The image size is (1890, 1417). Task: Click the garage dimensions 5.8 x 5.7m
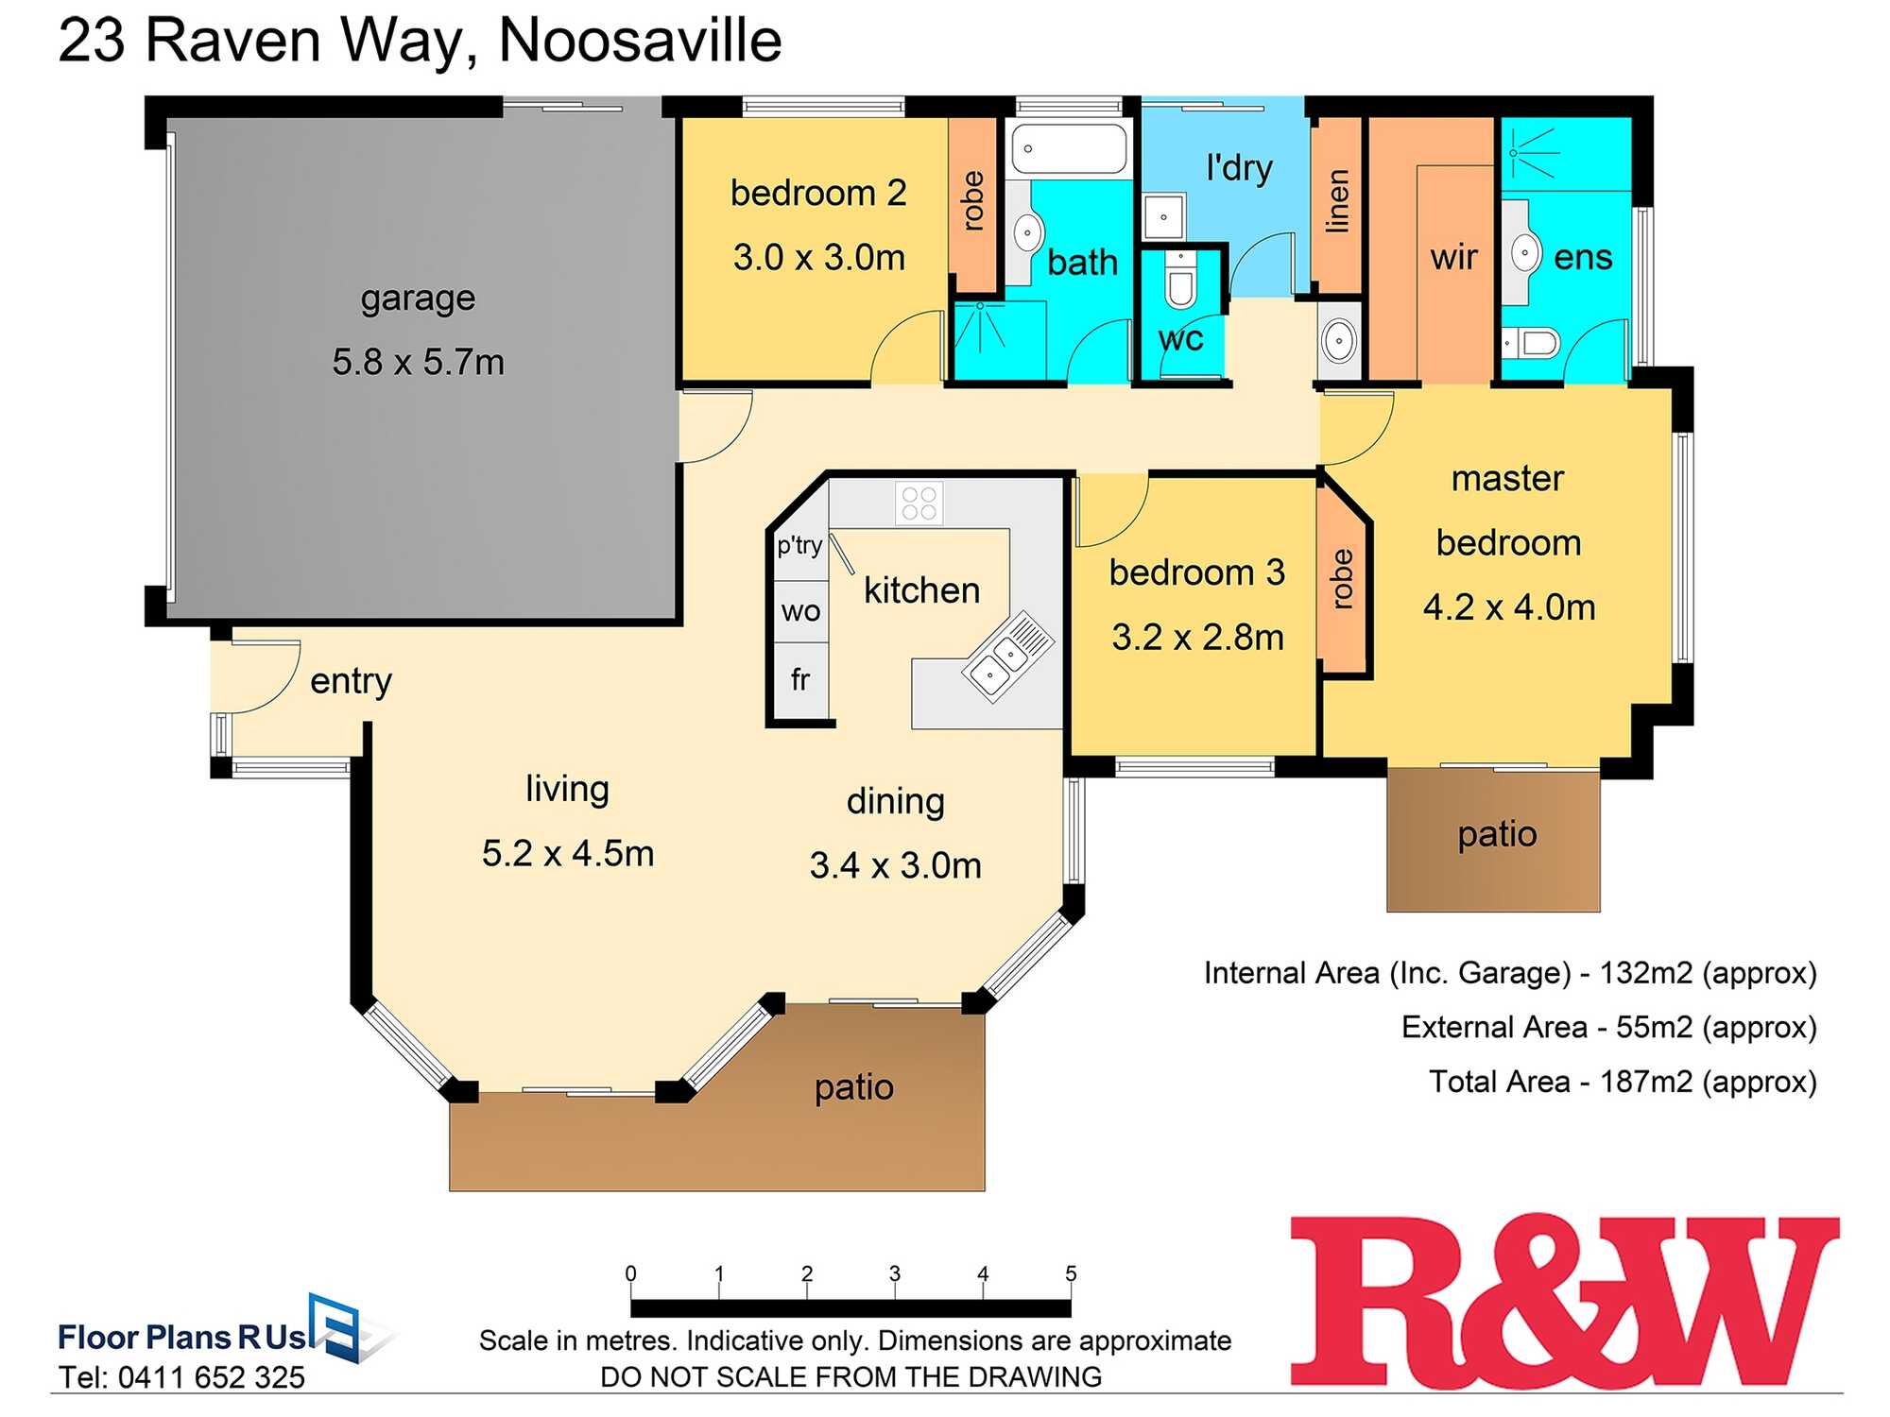pos(418,362)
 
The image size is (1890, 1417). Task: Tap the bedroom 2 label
pos(818,193)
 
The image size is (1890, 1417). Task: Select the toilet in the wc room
pos(1180,282)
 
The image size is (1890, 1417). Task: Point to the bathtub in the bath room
pos(1069,148)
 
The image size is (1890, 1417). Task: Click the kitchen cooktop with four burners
pos(919,503)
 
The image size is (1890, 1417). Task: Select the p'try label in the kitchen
pos(799,545)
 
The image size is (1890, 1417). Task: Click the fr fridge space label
pos(800,679)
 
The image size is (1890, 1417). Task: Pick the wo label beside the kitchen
pos(800,611)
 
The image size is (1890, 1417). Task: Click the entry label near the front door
pos(351,680)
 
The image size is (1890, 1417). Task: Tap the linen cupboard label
pos(1337,201)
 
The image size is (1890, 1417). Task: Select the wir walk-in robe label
pos(1453,257)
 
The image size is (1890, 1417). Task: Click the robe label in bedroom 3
pos(1342,578)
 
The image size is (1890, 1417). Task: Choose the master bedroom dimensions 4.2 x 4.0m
pos(1509,606)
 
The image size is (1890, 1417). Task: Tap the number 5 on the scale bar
pos(1071,1273)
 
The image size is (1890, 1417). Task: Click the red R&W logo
pos(1564,1302)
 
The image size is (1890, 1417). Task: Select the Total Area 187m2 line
pos(1623,1081)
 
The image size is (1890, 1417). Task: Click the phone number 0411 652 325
pos(211,1377)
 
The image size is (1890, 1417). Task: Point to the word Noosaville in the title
pos(640,41)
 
